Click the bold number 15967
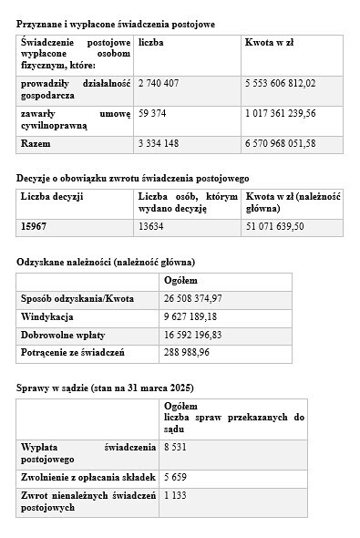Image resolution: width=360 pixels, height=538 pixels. point(35,225)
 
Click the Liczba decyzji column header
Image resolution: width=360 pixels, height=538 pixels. point(52,196)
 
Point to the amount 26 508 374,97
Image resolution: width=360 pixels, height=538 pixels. point(193,298)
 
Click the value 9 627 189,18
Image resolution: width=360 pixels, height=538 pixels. point(190,316)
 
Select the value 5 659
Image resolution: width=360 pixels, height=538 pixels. point(177,476)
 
